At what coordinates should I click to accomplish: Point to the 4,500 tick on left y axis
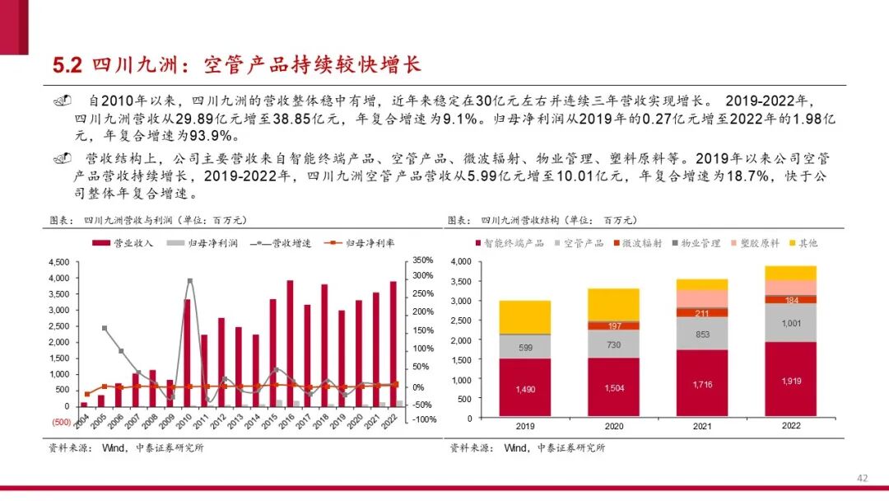58,261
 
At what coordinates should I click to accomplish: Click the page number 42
863,478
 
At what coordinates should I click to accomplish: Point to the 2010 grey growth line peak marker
190,281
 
